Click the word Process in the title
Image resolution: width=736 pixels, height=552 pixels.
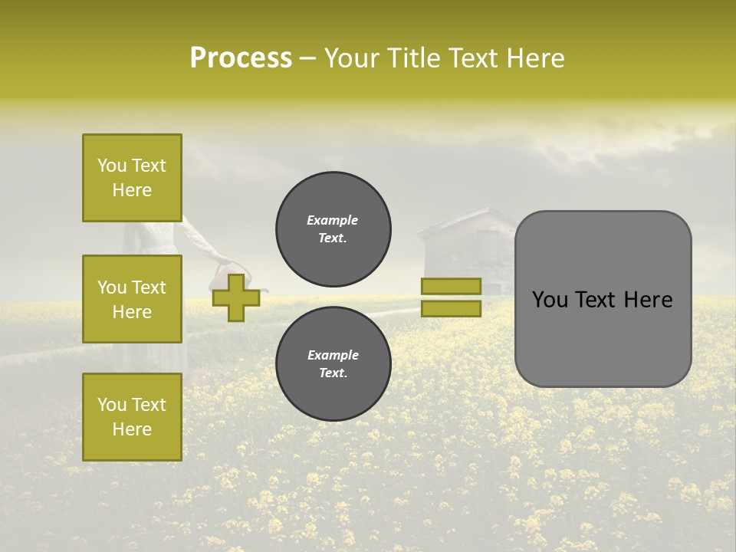pyautogui.click(x=241, y=58)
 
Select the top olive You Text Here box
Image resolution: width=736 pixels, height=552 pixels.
pyautogui.click(x=132, y=178)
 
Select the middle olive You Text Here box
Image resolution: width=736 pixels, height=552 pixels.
pyautogui.click(x=132, y=299)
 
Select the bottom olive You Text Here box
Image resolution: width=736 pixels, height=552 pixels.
pyautogui.click(x=132, y=416)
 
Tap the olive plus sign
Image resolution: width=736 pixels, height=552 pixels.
pyautogui.click(x=236, y=297)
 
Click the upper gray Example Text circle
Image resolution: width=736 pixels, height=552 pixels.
pyautogui.click(x=333, y=228)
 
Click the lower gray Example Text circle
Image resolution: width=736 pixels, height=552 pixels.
pyautogui.click(x=333, y=363)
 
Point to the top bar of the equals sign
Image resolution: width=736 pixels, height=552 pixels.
pyautogui.click(x=451, y=286)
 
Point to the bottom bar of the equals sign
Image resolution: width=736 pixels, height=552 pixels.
pyautogui.click(x=451, y=308)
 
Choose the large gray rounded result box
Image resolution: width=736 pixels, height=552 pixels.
pyautogui.click(x=603, y=299)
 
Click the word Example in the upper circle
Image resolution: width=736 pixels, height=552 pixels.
pyautogui.click(x=333, y=220)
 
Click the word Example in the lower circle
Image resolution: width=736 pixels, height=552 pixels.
pyautogui.click(x=333, y=355)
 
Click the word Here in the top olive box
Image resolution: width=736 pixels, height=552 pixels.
pyautogui.click(x=132, y=190)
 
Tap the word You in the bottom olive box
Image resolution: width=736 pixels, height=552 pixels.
pyautogui.click(x=112, y=405)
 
